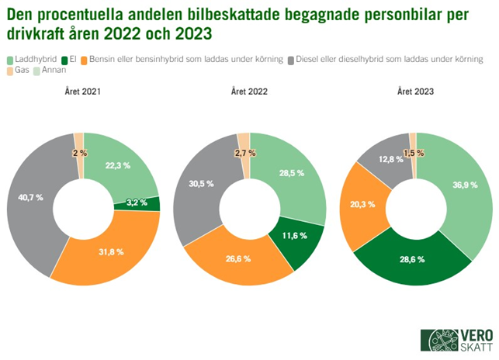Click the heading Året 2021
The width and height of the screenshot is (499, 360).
click(x=83, y=92)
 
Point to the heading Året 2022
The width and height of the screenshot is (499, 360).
click(x=249, y=92)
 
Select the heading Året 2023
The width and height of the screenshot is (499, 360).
click(x=415, y=92)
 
